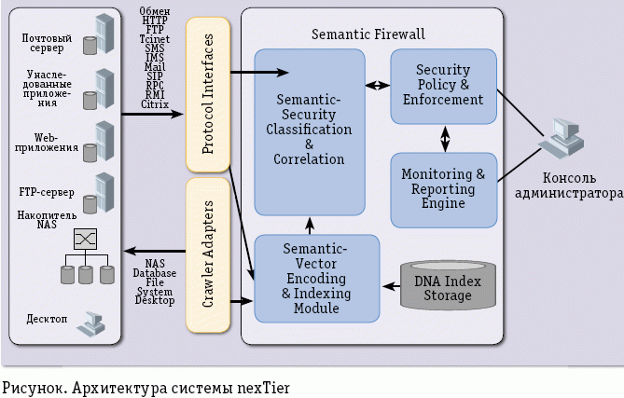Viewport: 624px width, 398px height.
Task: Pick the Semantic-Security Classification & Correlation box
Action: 309,130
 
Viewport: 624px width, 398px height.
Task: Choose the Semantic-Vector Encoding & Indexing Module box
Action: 316,280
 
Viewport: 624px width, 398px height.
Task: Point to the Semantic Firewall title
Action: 367,34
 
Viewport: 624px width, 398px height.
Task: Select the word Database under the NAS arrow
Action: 154,273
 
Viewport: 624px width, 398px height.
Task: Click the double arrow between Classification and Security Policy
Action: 377,85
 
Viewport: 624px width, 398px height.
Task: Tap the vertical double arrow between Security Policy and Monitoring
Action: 445,138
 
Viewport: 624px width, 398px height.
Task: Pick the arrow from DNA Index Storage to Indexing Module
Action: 389,284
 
